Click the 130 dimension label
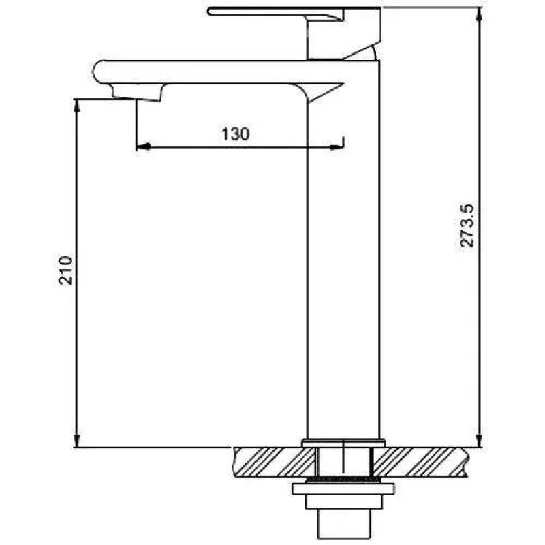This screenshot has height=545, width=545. coord(236,134)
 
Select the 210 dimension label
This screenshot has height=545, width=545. coord(65,270)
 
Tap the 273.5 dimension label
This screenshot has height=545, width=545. coord(467,225)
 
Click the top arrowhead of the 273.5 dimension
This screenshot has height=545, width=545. coord(480,14)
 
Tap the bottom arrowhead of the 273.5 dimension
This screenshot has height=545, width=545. coord(480,440)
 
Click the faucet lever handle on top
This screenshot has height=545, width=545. coord(275,12)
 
